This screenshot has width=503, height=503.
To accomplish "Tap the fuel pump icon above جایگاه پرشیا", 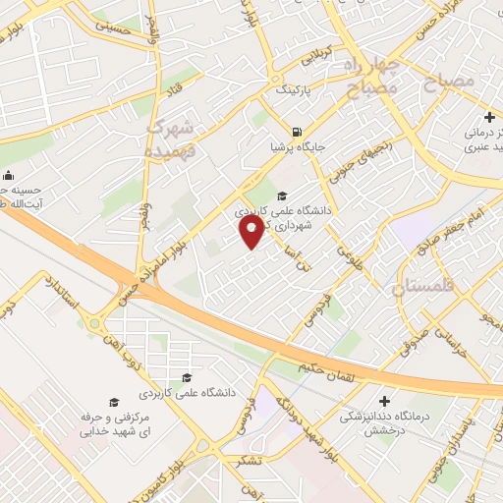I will [296, 131].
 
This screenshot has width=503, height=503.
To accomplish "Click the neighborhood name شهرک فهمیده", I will [172, 138].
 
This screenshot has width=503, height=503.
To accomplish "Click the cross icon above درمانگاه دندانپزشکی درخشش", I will [384, 401].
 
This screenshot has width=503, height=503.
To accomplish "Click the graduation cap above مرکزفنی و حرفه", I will [114, 403].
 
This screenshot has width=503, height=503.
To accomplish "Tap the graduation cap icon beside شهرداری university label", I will [283, 195].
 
